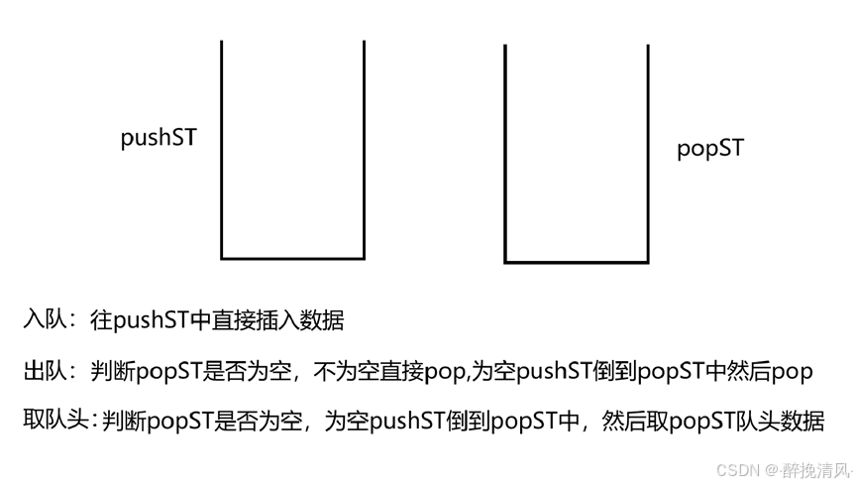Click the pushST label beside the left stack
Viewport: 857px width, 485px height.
159,137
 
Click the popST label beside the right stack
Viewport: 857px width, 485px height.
709,149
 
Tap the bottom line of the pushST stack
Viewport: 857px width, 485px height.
292,258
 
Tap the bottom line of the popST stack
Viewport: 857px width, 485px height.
577,262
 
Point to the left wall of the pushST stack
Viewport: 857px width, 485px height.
221,149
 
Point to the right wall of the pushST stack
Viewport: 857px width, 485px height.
364,149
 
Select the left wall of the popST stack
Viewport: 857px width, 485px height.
505,154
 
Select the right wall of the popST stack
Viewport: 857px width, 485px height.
648,154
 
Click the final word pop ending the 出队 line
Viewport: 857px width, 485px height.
792,371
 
